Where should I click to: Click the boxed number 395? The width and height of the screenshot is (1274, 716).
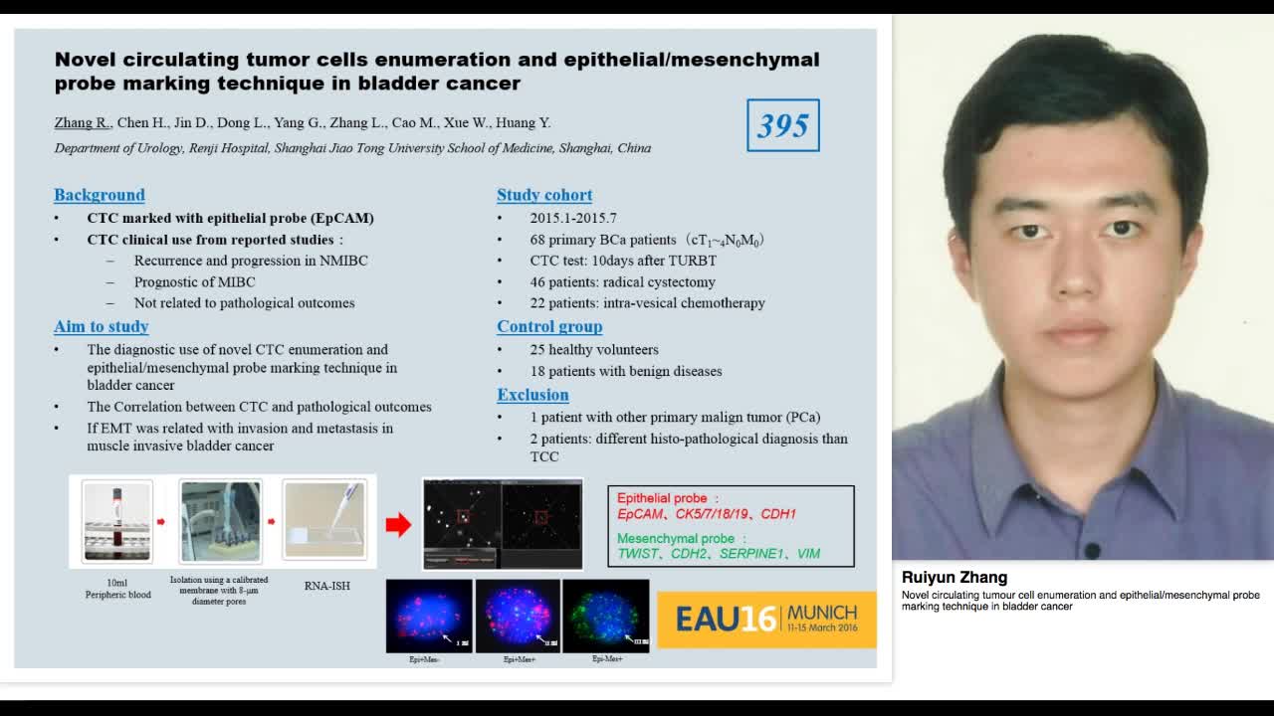[x=783, y=125]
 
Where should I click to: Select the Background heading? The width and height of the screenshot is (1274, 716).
[x=100, y=195]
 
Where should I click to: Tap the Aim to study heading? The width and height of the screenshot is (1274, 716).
[x=102, y=326]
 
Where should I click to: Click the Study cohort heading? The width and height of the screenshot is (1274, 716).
[x=544, y=195]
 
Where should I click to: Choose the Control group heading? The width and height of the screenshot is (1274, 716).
[x=549, y=326]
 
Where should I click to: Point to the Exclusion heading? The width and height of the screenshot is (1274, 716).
[x=532, y=395]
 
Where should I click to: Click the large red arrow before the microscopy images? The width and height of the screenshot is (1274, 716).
[x=398, y=524]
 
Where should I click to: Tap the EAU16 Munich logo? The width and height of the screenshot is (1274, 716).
[x=766, y=619]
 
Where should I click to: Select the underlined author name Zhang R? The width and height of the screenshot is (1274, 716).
[x=82, y=122]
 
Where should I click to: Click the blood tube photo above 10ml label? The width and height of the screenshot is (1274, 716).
[x=117, y=520]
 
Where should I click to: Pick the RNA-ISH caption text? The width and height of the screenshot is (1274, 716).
[x=326, y=586]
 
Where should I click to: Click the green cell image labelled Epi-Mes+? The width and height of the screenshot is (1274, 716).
[x=605, y=615]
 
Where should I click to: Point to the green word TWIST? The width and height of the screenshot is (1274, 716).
[x=638, y=554]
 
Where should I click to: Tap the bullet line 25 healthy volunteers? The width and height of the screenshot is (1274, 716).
[x=593, y=349]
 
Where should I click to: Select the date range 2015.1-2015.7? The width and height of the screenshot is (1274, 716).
[x=573, y=218]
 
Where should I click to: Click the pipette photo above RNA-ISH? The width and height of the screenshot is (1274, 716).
[x=324, y=520]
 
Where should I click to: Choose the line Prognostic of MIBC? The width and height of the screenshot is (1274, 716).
[x=195, y=281]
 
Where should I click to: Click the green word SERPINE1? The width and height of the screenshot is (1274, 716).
[x=751, y=554]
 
